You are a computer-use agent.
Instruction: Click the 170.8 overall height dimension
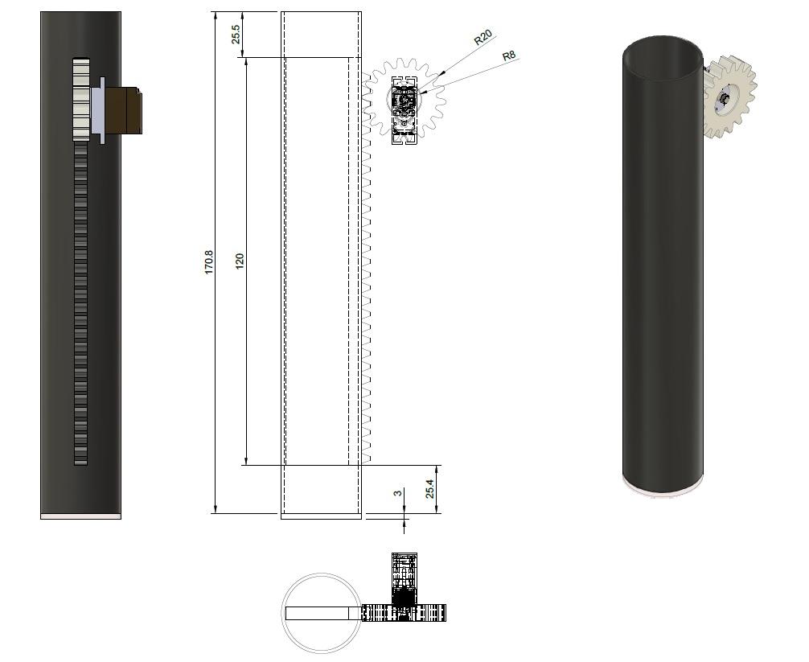coord(209,262)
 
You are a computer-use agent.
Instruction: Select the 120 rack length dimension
coord(240,261)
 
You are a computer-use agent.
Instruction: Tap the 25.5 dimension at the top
coord(236,34)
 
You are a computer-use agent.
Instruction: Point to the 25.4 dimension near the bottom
coord(430,489)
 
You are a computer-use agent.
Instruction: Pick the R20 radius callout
coord(483,38)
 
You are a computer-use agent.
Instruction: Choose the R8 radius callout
coord(508,56)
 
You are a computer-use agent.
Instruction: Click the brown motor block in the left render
coord(125,110)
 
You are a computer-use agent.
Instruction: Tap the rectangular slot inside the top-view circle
coord(317,613)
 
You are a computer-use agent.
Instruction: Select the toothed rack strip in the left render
coord(80,306)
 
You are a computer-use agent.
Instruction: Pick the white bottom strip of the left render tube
coord(80,516)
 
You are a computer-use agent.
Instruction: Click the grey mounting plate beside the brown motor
coord(97,110)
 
